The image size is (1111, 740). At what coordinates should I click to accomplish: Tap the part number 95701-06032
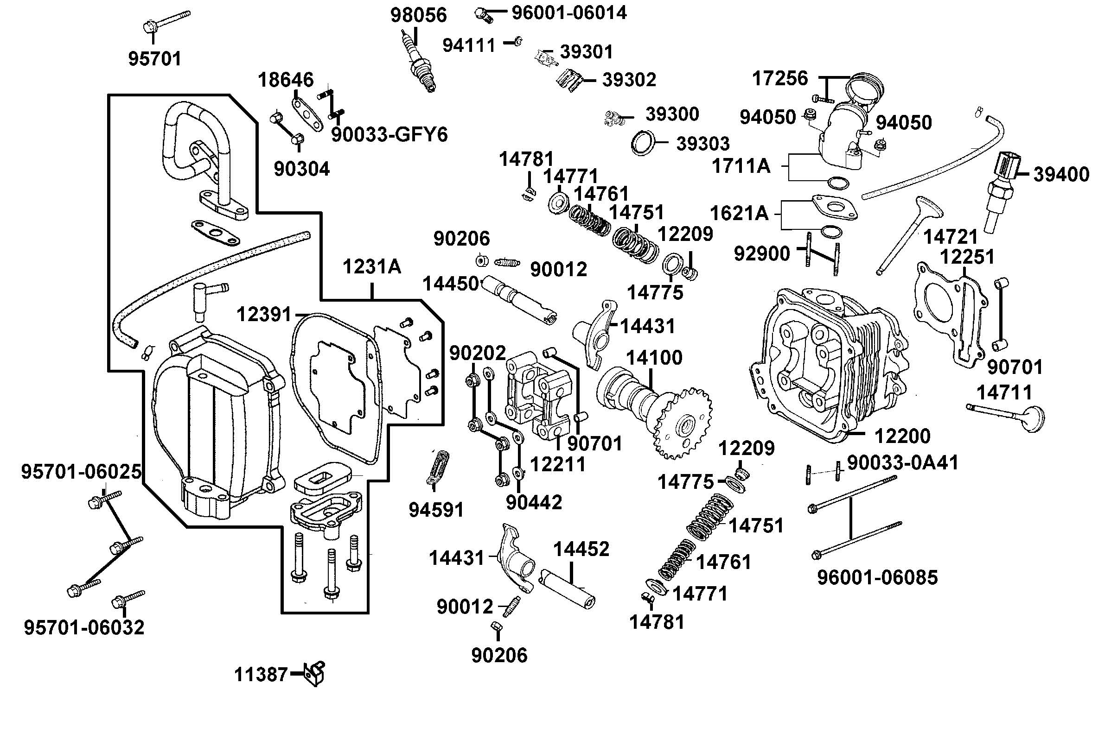click(84, 627)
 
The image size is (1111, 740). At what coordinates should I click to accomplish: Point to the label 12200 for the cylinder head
click(902, 436)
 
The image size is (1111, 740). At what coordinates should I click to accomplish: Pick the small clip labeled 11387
click(315, 673)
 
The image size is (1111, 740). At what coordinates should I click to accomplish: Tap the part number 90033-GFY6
click(389, 135)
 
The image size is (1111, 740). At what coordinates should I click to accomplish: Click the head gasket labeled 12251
click(949, 316)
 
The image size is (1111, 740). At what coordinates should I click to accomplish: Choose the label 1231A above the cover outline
click(371, 266)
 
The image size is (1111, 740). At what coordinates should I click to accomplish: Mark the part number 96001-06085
click(877, 577)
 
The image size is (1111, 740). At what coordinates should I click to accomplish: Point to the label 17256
click(779, 78)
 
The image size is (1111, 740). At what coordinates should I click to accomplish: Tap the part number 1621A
click(739, 214)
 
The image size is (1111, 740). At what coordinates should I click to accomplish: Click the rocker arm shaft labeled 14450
click(519, 300)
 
